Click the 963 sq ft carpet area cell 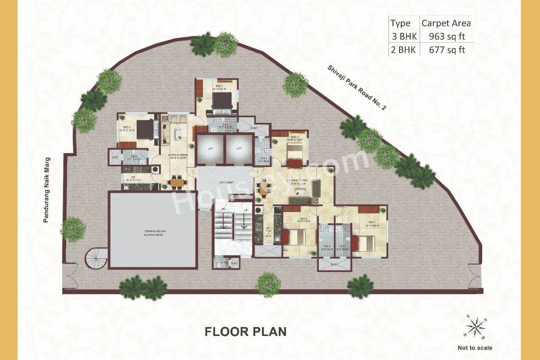pyautogui.click(x=447, y=36)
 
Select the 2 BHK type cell pyautogui.click(x=404, y=50)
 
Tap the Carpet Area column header pyautogui.click(x=446, y=23)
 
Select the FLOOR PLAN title pyautogui.click(x=246, y=331)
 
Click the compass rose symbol pyautogui.click(x=475, y=327)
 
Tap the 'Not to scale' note pyautogui.click(x=475, y=348)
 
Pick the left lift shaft pyautogui.click(x=209, y=149)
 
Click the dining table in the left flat pyautogui.click(x=177, y=182)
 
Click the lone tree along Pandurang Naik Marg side pyautogui.click(x=73, y=229)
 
